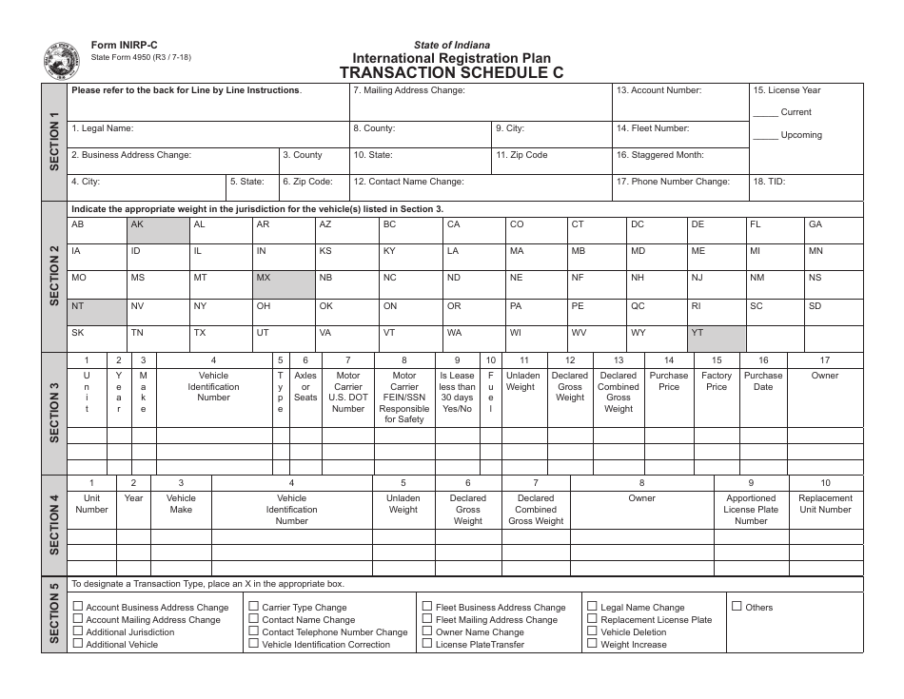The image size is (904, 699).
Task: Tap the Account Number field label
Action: [658, 90]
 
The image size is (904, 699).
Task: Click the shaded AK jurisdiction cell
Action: [158, 230]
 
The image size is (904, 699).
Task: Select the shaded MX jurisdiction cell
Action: [284, 284]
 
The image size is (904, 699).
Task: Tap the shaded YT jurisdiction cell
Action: [717, 339]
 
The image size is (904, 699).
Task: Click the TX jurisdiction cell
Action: [221, 339]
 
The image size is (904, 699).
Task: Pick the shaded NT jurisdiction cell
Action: [96, 312]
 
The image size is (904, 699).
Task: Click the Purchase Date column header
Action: [763, 380]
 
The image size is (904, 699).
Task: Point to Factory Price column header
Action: [717, 380]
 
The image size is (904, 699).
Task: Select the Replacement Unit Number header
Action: [825, 503]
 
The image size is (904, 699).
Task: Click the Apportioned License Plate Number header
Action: [751, 509]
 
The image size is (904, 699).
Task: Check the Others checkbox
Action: [737, 606]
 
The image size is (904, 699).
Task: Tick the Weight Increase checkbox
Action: [592, 644]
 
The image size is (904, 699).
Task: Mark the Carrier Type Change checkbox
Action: [253, 606]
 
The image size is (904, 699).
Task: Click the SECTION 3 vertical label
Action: [54, 412]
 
